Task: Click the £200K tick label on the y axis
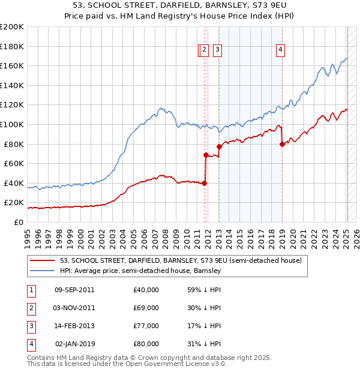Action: [x=12, y=27]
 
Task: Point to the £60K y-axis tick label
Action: [x=14, y=163]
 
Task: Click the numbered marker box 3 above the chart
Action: [x=217, y=51]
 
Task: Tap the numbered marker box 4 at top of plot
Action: [x=280, y=51]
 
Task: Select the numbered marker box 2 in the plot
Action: [x=204, y=51]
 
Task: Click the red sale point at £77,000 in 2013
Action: [x=220, y=146]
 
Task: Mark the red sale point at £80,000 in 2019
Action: [x=282, y=143]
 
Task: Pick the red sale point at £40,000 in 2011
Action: [x=205, y=183]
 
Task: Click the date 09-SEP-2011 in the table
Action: [x=74, y=290]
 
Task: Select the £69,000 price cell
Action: [x=146, y=308]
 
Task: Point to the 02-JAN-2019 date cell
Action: [x=74, y=344]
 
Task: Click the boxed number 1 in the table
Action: [x=31, y=290]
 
